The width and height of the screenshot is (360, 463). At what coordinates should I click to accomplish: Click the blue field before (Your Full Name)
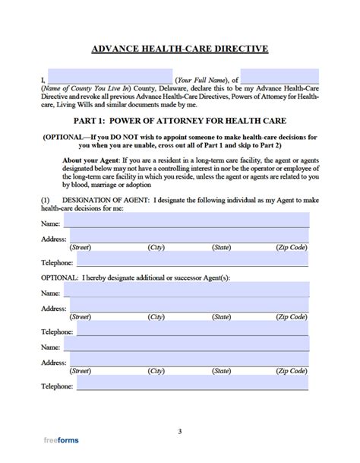(x=109, y=78)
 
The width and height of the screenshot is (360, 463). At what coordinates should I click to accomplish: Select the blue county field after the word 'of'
(x=281, y=78)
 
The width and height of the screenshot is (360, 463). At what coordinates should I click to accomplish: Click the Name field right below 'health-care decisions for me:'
(x=186, y=220)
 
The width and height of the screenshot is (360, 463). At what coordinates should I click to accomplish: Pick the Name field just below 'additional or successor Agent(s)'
(x=186, y=292)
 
